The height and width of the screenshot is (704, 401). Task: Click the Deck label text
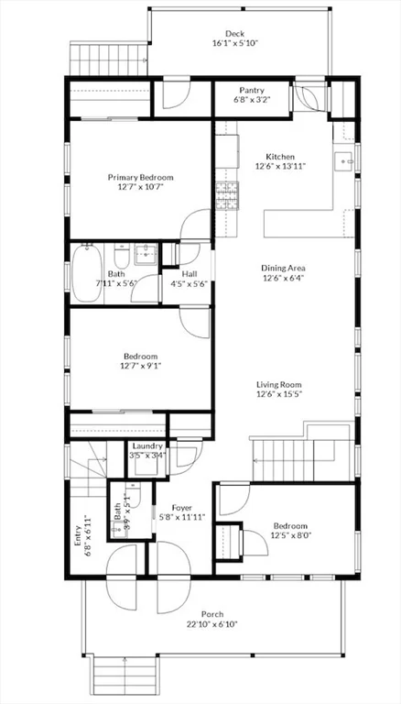pos(235,34)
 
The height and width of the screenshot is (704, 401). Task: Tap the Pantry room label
pos(252,90)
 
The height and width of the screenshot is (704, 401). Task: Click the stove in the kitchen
pos(226,193)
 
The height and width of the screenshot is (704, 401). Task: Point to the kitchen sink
pos(344,161)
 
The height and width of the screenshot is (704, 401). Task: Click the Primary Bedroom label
pos(140,177)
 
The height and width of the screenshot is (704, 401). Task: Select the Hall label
pos(190,273)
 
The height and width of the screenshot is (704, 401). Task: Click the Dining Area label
pos(284,268)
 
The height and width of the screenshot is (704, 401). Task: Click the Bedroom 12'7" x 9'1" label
pos(141,357)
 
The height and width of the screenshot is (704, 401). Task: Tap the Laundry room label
pos(146,445)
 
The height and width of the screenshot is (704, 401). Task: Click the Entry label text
pos(78,535)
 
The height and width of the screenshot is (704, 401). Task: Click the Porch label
pos(212,614)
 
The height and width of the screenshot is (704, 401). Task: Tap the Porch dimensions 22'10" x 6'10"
pos(212,624)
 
